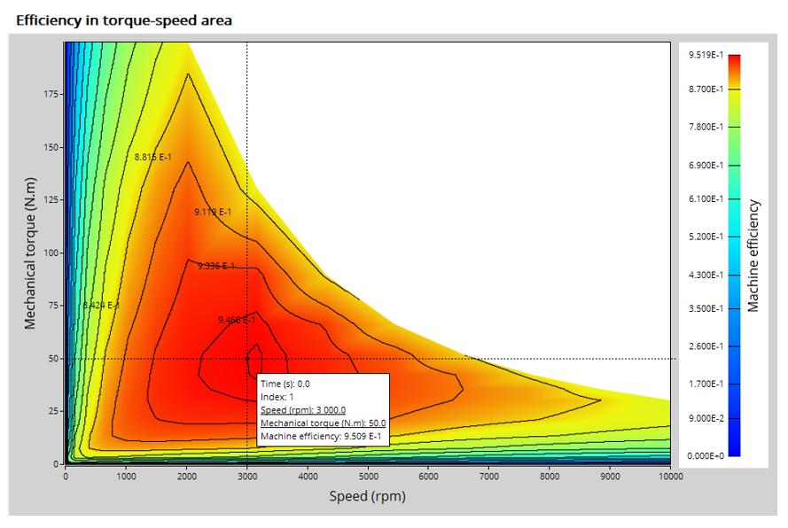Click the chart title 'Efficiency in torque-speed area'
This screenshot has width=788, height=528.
tap(124, 20)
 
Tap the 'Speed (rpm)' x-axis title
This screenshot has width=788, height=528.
tap(367, 496)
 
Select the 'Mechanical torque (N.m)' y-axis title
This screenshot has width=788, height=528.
tap(31, 253)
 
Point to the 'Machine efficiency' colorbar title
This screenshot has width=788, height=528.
tap(753, 255)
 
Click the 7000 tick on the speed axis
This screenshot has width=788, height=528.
tap(488, 476)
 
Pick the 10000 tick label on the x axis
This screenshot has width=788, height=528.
tap(670, 476)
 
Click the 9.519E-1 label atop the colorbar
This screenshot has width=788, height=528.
tap(706, 55)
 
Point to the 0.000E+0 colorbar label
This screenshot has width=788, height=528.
tap(706, 455)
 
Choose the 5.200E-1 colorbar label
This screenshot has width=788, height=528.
tap(706, 237)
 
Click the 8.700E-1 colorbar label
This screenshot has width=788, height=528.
tap(706, 89)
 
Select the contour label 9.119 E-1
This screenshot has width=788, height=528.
tap(213, 212)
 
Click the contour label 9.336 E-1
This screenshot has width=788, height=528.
tap(216, 266)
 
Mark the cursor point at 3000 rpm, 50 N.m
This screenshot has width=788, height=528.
tap(247, 359)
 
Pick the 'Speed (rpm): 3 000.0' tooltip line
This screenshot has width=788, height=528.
tap(303, 410)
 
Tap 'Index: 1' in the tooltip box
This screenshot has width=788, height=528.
tap(277, 397)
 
